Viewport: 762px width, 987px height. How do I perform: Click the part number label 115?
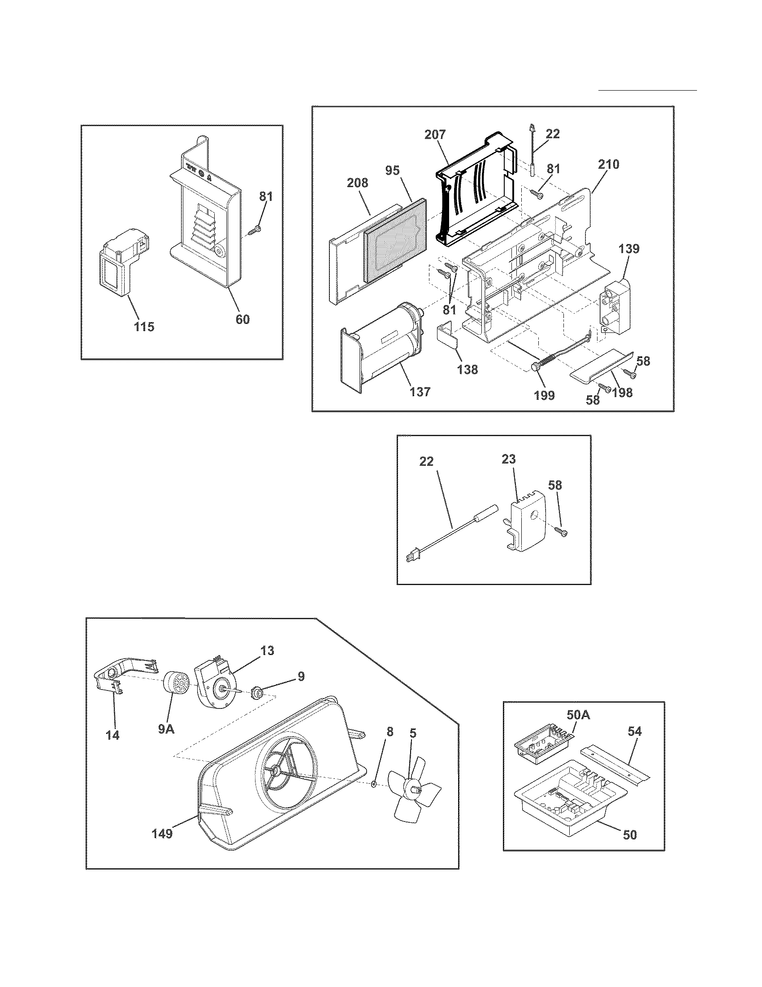[144, 326]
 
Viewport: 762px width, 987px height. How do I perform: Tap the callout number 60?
[242, 319]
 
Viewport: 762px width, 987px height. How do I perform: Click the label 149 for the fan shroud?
[162, 833]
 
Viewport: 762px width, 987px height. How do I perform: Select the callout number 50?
[629, 834]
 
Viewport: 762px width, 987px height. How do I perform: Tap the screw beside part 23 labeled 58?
[562, 533]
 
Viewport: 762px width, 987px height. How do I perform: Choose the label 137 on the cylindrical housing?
[420, 391]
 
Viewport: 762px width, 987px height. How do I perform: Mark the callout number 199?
[545, 395]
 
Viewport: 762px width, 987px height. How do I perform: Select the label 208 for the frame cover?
[357, 183]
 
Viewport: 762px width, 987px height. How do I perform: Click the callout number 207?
[435, 135]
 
